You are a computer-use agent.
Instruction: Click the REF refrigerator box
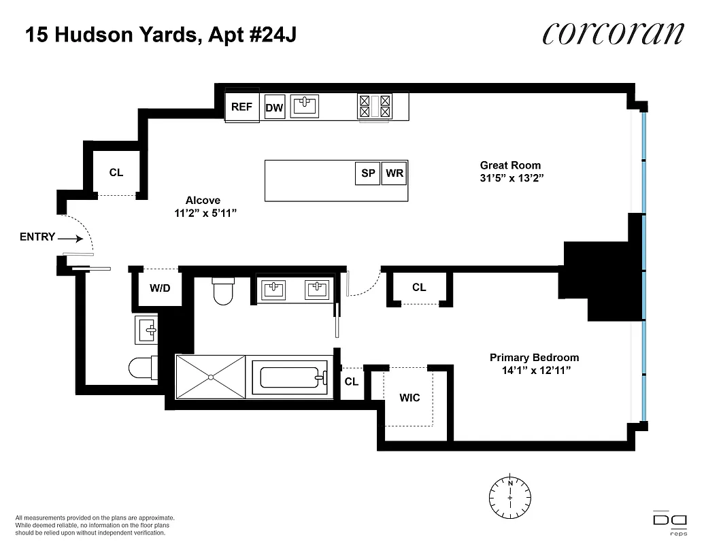pos(241,107)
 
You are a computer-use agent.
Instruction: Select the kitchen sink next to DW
pos(305,105)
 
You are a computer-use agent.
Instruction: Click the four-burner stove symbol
pos(375,105)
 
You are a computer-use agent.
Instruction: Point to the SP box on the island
pos(368,173)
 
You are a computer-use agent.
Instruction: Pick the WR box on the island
pos(395,173)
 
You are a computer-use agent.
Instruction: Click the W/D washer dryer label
pos(160,288)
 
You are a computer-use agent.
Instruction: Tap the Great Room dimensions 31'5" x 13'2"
pos(510,178)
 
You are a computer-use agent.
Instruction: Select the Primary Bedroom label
pos(534,358)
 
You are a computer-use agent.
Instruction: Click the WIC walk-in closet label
pos(409,398)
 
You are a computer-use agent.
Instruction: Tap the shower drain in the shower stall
pos(210,376)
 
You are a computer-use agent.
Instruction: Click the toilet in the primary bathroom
pos(223,291)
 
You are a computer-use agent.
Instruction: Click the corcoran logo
pos(613,33)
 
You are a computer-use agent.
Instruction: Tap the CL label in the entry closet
pos(116,173)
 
